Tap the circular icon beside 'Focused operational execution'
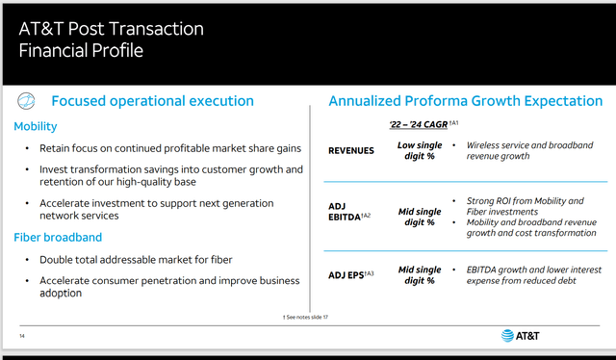point(28,101)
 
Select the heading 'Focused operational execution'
point(152,101)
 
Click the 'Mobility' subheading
point(36,126)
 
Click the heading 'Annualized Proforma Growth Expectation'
point(466,101)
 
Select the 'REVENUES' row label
point(351,151)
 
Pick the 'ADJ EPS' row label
point(351,275)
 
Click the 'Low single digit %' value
point(419,151)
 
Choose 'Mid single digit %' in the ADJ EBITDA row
point(419,215)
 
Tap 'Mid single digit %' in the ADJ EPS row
point(419,275)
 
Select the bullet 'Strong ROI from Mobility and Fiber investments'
point(524,207)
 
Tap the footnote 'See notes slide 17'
point(308,317)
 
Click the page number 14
point(22,335)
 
